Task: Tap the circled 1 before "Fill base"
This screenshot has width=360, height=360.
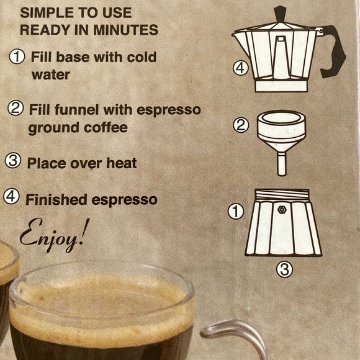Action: click(17, 57)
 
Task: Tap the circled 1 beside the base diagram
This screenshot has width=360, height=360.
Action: click(235, 213)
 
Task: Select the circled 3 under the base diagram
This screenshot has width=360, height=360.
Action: click(283, 269)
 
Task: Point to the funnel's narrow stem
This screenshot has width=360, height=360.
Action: click(282, 163)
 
